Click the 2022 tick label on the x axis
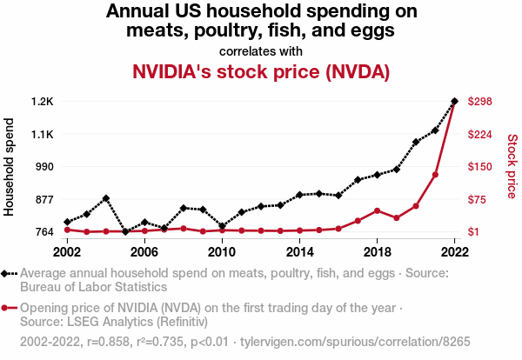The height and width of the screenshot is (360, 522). click(454, 251)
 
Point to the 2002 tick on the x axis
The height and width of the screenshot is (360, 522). click(67, 251)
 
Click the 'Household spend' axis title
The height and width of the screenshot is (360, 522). click(10, 166)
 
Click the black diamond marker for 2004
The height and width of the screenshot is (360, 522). click(106, 198)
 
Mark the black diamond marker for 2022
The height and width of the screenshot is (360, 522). click(454, 102)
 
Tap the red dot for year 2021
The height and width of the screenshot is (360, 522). click(435, 175)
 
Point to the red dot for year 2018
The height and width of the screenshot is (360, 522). click(377, 210)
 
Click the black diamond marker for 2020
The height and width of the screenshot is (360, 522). click(416, 142)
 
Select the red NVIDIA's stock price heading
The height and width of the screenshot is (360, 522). click(260, 71)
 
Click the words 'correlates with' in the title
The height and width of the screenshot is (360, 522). click(260, 50)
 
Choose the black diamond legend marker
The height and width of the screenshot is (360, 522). click(7, 273)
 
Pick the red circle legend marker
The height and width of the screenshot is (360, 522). click(7, 308)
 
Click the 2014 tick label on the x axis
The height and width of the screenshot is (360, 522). click(299, 251)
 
